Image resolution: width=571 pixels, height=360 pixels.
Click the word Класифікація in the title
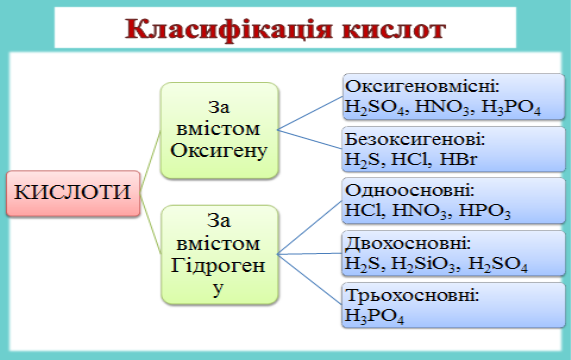coord(229,29)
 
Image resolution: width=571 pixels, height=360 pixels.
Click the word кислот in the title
coord(394,30)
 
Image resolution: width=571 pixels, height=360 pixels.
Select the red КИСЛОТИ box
coord(73,193)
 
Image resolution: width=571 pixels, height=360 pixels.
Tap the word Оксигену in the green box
coord(219,151)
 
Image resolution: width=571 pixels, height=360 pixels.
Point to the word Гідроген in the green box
coord(218,266)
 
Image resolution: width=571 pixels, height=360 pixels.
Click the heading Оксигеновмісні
coord(422,87)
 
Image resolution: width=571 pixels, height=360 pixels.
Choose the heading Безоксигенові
coord(415,139)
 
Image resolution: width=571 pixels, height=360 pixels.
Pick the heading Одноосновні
coord(410,190)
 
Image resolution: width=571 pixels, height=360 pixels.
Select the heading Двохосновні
coord(408,243)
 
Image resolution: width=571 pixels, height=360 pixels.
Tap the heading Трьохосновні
coord(412,295)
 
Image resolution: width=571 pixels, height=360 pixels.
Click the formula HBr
coord(458,159)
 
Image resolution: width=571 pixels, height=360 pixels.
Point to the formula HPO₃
coord(484,211)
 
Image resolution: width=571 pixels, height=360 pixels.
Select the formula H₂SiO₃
coord(423,264)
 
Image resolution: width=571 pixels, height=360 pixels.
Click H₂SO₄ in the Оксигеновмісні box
coord(374,107)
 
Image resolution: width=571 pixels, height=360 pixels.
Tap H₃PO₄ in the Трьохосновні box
coord(374,316)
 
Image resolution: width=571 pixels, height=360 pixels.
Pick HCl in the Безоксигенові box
coord(409,159)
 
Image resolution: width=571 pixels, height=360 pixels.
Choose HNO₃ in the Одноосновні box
coord(419,211)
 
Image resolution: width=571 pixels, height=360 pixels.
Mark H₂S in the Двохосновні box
coord(362,264)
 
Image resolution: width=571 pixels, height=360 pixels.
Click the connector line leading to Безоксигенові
coord(310,139)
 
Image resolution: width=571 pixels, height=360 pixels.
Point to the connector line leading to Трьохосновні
coord(310,279)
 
